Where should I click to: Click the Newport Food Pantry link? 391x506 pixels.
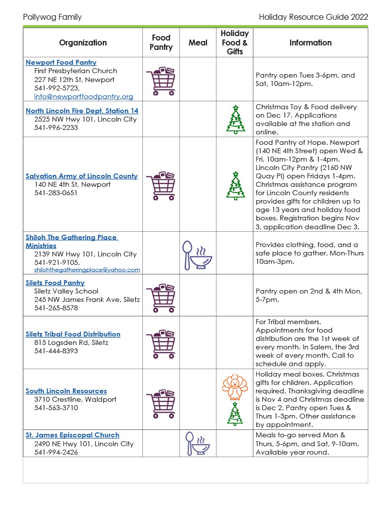click(61, 63)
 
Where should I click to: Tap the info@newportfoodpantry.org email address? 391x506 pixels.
click(84, 96)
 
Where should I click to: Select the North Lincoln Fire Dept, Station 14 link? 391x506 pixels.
click(82, 111)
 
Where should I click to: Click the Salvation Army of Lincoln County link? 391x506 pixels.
click(82, 176)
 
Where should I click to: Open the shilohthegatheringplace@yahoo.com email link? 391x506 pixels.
click(87, 270)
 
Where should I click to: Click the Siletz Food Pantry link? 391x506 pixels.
click(55, 283)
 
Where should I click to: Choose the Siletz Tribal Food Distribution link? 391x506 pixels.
click(73, 334)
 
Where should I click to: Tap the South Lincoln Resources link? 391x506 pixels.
click(66, 391)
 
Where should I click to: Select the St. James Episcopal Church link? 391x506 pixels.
click(72, 435)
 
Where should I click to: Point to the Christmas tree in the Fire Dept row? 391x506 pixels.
click(235, 120)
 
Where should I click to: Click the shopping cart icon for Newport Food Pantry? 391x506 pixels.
click(161, 80)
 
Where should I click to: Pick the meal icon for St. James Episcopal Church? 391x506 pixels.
click(198, 443)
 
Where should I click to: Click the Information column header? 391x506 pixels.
click(310, 42)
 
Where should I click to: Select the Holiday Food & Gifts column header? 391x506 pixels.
click(235, 42)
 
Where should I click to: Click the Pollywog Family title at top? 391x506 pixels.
click(52, 17)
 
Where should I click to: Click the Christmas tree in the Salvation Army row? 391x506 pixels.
click(235, 185)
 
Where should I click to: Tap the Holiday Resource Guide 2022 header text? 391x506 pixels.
click(313, 17)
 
